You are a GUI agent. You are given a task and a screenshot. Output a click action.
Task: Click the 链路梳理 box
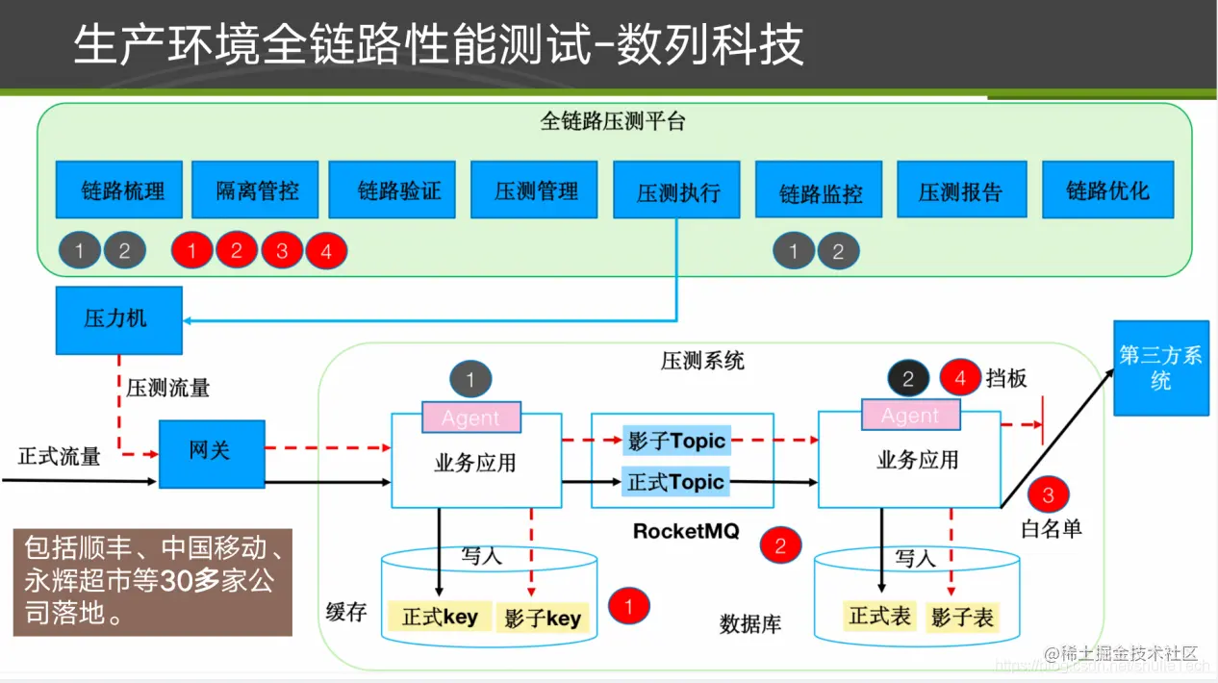pos(123,190)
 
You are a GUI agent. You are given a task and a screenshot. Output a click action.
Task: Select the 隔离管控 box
pos(257,190)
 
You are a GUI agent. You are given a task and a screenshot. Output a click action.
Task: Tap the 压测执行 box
pos(677,190)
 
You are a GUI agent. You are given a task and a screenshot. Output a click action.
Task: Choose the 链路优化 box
pos(1107,190)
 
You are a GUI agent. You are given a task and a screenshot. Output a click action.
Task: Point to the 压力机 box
pos(118,319)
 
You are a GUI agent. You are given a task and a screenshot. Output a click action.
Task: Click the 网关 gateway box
pos(211,452)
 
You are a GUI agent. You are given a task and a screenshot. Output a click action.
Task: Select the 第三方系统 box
pos(1160,367)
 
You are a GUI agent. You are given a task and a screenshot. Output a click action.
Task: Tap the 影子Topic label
pos(676,442)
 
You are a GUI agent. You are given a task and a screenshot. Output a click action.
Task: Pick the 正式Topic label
pos(675,481)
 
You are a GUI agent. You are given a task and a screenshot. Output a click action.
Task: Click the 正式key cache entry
pos(440,617)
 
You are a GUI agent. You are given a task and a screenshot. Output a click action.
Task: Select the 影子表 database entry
pos(962,617)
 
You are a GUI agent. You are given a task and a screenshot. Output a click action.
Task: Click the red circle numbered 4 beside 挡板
pos(960,378)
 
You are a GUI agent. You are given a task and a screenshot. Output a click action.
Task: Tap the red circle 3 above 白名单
pos(1049,494)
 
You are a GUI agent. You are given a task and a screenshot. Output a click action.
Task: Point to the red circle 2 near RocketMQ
pos(780,546)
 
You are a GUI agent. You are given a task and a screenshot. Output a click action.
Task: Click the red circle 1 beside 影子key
pos(629,606)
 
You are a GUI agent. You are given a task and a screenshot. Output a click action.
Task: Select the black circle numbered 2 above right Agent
pos(907,378)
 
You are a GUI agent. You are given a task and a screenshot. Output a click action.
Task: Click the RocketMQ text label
pos(686,531)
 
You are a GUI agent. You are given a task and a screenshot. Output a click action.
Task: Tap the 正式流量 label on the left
pos(60,456)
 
